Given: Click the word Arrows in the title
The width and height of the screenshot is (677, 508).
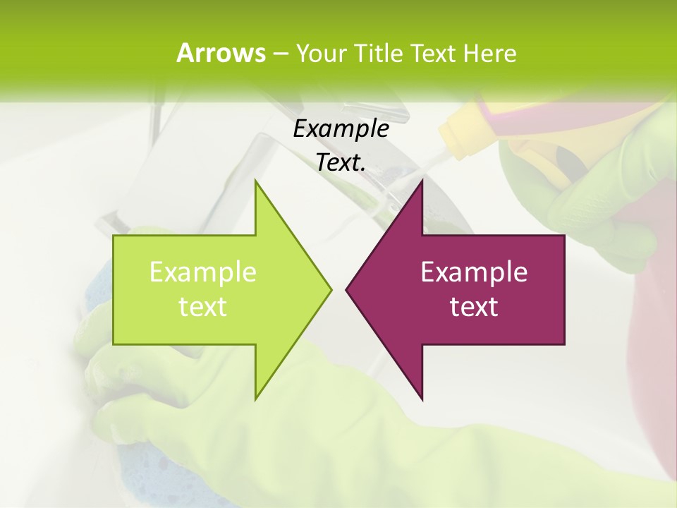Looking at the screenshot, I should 221,53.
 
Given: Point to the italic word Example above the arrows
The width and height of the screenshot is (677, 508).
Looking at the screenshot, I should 341,129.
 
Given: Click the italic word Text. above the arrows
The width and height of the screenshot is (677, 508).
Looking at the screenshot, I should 341,162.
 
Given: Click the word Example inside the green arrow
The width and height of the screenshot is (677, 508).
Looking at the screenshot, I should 203,272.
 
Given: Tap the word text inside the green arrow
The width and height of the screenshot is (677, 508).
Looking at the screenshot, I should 203,306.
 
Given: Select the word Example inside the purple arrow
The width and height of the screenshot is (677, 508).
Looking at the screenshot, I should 474,272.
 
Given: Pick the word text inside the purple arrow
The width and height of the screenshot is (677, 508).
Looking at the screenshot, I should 474,306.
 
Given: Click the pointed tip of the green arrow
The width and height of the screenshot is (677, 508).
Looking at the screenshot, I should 330,289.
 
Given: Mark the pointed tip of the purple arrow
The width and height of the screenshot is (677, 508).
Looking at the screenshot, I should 347,289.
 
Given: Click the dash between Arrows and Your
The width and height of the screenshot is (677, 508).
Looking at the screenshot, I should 280,54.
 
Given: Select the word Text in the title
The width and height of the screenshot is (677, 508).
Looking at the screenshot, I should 432,53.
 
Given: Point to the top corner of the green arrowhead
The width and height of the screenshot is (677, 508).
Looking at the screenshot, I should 256,181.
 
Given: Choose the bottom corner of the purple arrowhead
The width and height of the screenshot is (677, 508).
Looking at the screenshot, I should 422,399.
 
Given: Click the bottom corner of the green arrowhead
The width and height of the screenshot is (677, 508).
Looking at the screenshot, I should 256,399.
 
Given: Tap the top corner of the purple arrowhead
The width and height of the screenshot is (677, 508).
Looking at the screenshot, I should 422,181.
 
